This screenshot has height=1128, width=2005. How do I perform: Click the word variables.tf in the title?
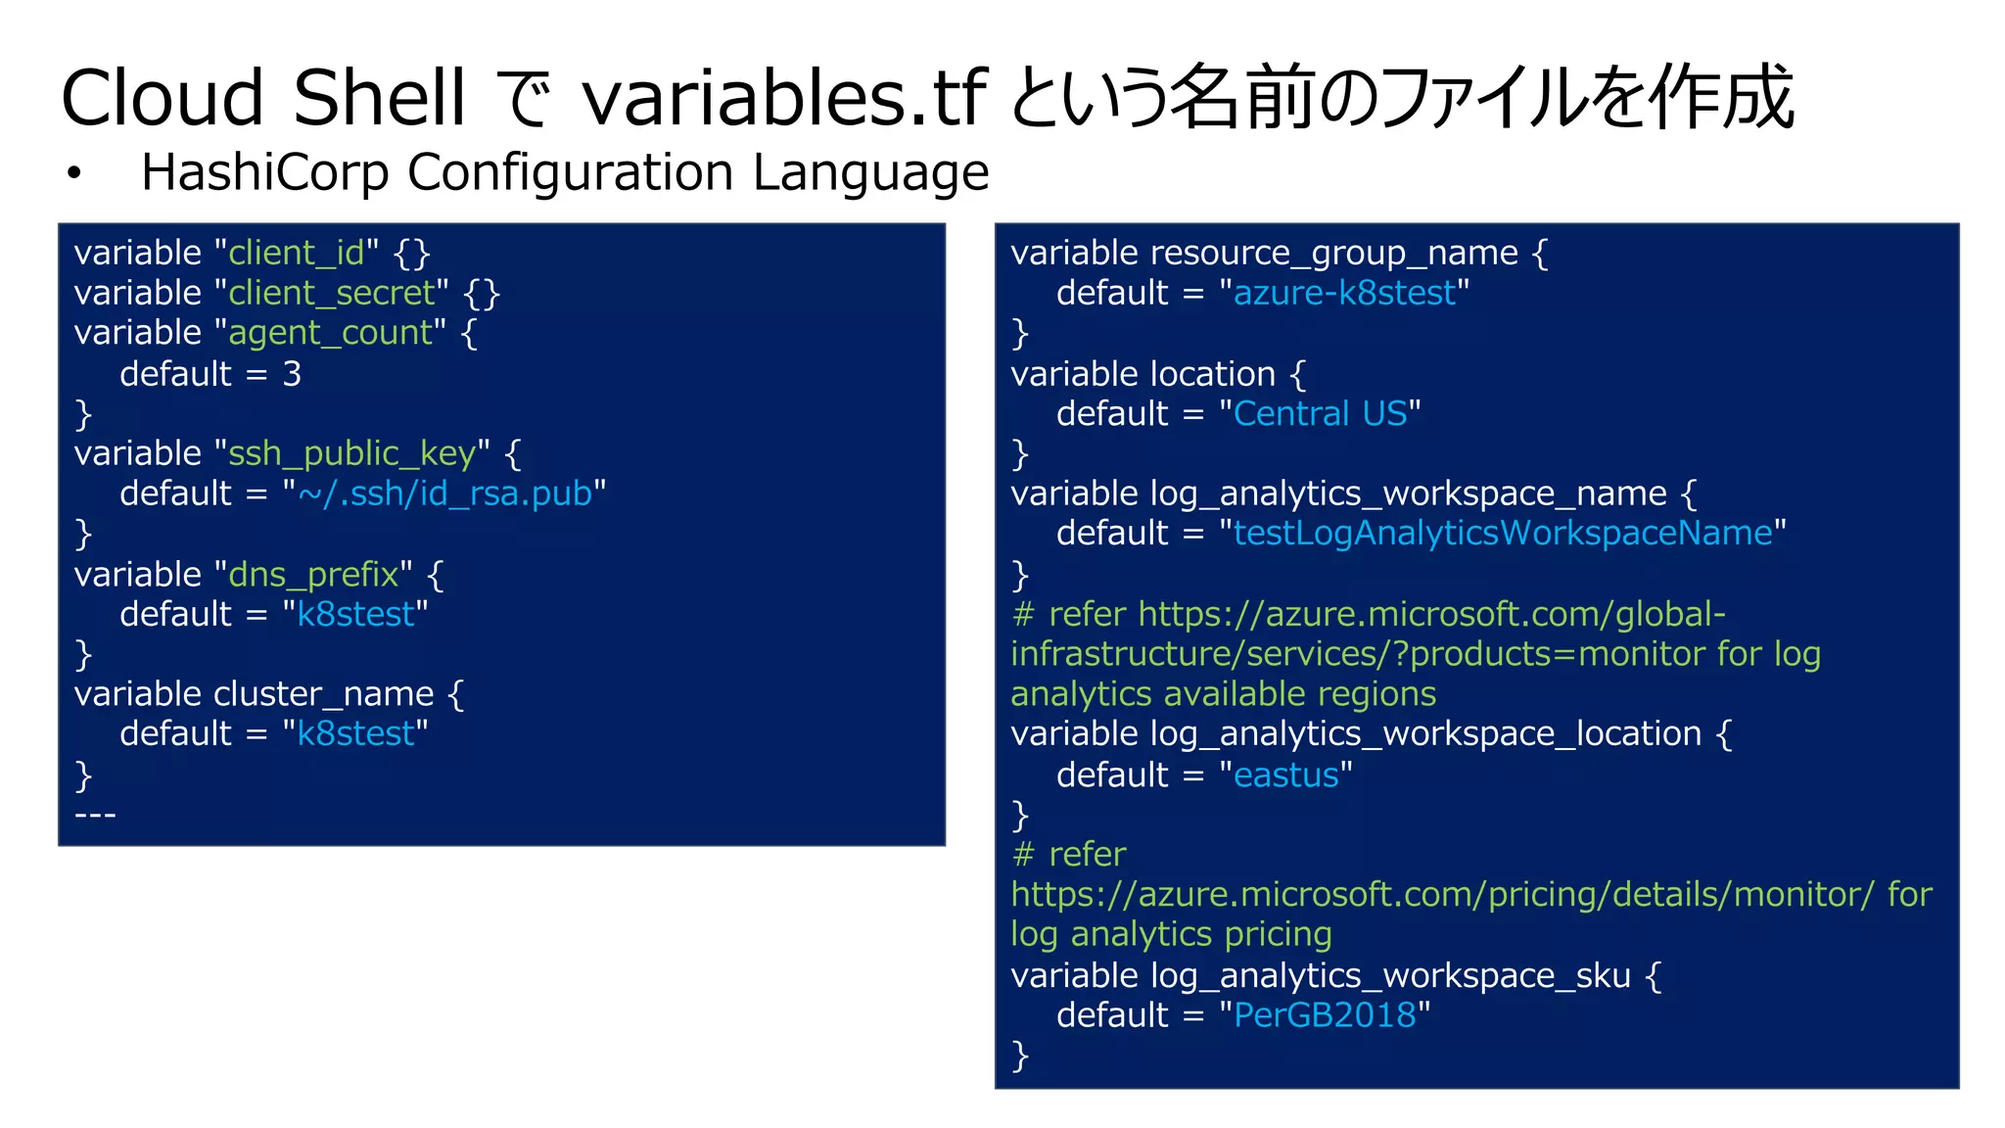tap(783, 98)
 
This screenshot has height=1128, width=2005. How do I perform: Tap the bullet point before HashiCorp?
tap(73, 174)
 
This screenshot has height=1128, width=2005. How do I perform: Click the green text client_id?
tap(296, 254)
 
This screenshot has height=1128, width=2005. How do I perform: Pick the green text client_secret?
tap(331, 294)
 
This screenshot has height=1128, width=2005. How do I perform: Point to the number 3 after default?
tap(292, 374)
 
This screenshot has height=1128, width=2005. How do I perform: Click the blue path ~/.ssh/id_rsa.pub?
tap(444, 493)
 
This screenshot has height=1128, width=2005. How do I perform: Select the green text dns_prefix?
tap(313, 575)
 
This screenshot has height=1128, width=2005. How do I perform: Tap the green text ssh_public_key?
tap(351, 454)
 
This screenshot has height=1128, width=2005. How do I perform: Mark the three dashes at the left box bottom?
tap(95, 815)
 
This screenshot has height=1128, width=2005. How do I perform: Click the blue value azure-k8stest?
tap(1344, 294)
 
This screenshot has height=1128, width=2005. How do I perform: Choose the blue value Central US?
tap(1320, 414)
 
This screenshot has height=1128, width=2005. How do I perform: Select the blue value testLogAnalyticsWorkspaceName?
tap(1503, 534)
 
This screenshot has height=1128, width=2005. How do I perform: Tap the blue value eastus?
tap(1285, 775)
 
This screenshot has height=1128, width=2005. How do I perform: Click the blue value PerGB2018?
tap(1325, 1015)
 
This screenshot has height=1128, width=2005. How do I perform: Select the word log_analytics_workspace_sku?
tap(1390, 976)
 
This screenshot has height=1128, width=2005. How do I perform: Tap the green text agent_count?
tap(330, 334)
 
